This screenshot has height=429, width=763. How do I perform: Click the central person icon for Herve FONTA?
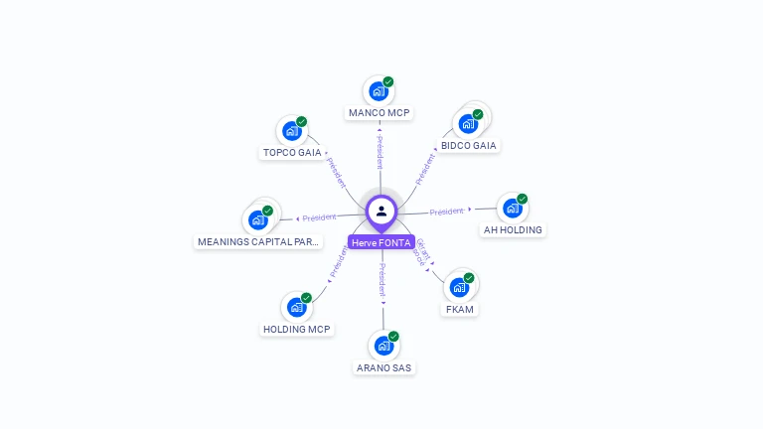[x=381, y=211]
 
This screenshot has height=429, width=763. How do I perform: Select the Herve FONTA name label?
[x=381, y=242]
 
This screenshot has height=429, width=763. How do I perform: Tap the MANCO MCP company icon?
[x=378, y=91]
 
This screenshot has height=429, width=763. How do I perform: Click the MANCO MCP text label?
[x=379, y=113]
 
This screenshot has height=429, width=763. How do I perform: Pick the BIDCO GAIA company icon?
[x=467, y=124]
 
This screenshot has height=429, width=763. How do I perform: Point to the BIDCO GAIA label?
[x=469, y=146]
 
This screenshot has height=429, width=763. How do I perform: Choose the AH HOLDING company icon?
[x=512, y=209]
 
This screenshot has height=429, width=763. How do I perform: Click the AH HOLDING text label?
[x=513, y=230]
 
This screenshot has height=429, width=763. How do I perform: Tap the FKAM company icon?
[x=459, y=287]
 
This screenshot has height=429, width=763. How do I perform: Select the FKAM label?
[x=460, y=309]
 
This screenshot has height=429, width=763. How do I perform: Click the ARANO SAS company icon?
[x=382, y=347]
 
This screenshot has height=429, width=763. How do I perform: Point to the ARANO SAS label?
[x=383, y=368]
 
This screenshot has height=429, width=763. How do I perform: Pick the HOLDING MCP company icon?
[x=296, y=308]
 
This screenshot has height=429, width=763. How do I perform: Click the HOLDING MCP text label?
[x=297, y=329]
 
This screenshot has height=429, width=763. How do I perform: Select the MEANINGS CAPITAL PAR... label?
[x=258, y=241]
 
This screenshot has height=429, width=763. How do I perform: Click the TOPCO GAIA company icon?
[x=291, y=131]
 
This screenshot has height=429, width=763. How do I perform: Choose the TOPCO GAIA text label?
[x=292, y=153]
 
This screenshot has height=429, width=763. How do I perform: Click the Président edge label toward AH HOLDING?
[x=447, y=212]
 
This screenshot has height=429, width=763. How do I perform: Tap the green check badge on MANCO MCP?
[x=388, y=81]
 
